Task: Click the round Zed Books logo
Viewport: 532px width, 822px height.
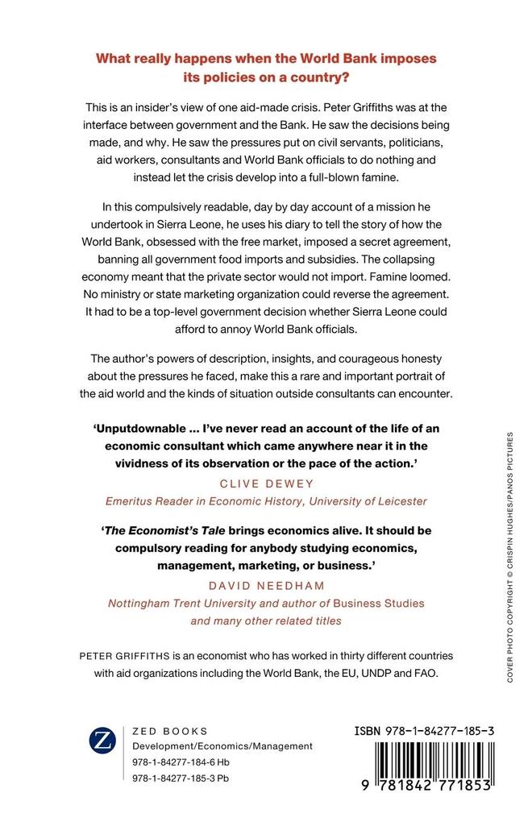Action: pos(103,740)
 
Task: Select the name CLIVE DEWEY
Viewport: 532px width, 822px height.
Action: pos(265,484)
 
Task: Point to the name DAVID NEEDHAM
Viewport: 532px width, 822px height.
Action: pos(265,585)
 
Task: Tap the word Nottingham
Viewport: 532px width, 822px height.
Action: pos(139,603)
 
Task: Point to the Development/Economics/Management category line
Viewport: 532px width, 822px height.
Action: pos(222,746)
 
